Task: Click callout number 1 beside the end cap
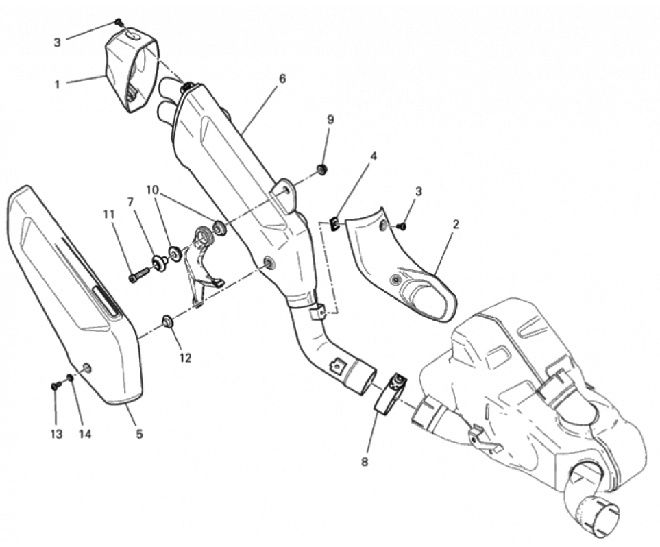click(x=57, y=84)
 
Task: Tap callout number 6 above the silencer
click(x=282, y=79)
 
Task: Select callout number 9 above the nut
click(x=330, y=120)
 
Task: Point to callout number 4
click(x=374, y=156)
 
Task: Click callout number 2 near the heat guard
click(x=456, y=224)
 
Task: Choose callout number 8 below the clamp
click(x=365, y=462)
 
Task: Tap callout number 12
click(x=185, y=358)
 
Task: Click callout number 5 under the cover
click(x=139, y=433)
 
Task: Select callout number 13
click(x=56, y=434)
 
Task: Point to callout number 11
click(x=109, y=215)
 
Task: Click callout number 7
click(x=130, y=202)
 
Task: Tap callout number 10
click(x=153, y=190)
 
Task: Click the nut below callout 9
click(x=323, y=170)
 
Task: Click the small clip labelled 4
click(x=335, y=224)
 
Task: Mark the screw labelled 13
click(x=55, y=385)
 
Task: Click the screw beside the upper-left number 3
click(x=119, y=22)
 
